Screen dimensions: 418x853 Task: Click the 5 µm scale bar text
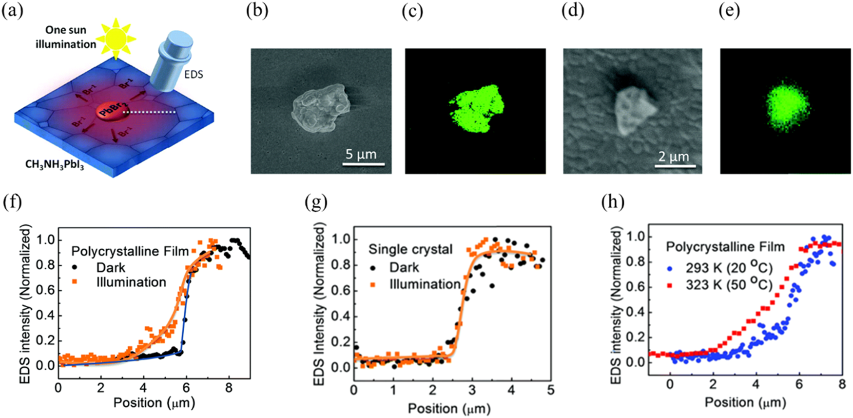361,155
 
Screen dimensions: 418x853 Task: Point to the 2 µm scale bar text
674,157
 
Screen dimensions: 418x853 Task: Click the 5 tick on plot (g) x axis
550,391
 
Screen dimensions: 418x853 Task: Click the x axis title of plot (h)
745,402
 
